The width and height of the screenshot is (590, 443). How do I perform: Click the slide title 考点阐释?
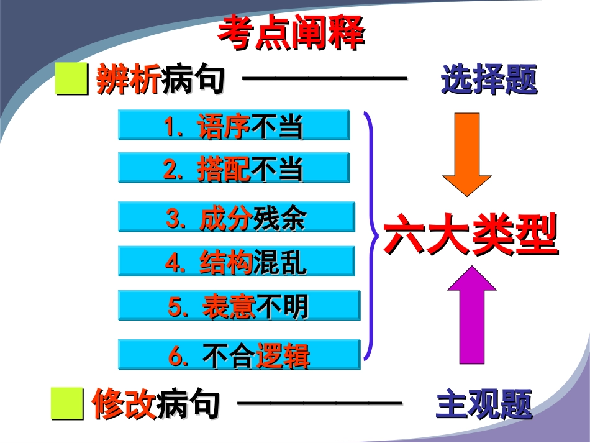click(291, 34)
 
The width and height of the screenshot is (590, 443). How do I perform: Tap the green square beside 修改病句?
click(67, 404)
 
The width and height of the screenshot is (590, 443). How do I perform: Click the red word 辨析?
click(128, 80)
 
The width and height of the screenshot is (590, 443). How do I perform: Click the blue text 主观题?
click(484, 405)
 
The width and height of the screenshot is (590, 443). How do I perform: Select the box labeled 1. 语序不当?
click(234, 126)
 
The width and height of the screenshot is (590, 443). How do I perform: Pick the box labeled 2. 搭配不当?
click(234, 168)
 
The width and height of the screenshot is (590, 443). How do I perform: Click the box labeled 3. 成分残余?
click(236, 217)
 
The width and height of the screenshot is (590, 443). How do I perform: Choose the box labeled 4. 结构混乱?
click(236, 262)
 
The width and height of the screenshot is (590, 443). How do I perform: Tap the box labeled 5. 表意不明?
click(238, 306)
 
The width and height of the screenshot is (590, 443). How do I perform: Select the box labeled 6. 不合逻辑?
click(238, 355)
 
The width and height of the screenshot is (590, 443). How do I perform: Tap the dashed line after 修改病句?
click(319, 403)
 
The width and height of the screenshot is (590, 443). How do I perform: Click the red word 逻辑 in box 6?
click(283, 355)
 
